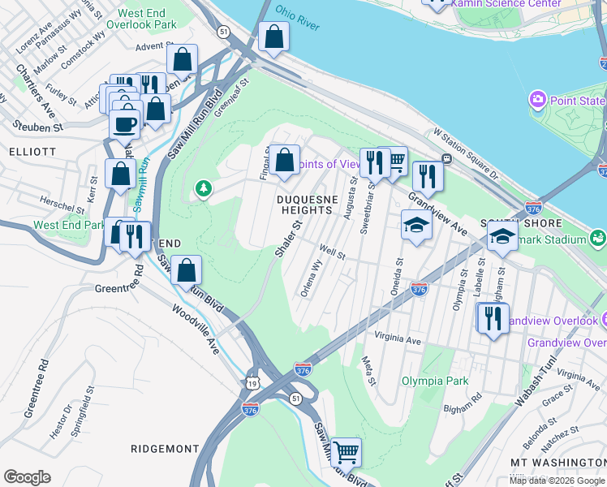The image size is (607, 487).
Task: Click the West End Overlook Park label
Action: [x=146, y=19]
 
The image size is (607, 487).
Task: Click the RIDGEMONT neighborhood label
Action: [x=165, y=449]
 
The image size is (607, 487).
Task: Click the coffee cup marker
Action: [x=124, y=124]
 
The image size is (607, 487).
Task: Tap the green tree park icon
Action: [x=203, y=189]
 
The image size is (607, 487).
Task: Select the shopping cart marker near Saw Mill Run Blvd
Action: [x=347, y=451]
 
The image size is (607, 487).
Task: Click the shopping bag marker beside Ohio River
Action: [x=273, y=37]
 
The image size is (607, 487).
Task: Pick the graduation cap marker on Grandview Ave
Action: [x=416, y=225]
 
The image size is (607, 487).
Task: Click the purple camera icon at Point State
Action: [x=536, y=100]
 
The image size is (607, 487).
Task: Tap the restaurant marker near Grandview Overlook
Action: [x=493, y=318]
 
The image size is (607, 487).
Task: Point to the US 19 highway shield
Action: [x=248, y=381]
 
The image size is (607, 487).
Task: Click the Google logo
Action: [x=27, y=476]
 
